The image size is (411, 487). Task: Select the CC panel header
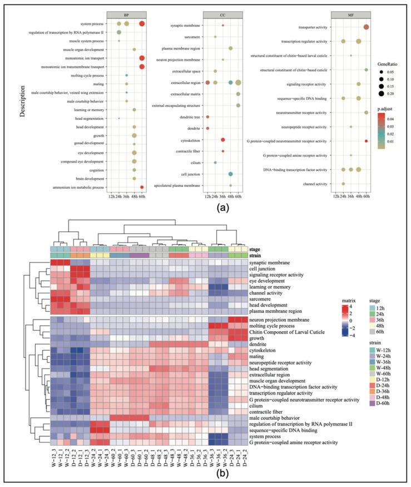[222, 13]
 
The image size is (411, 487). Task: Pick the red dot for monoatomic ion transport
[142, 58]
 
